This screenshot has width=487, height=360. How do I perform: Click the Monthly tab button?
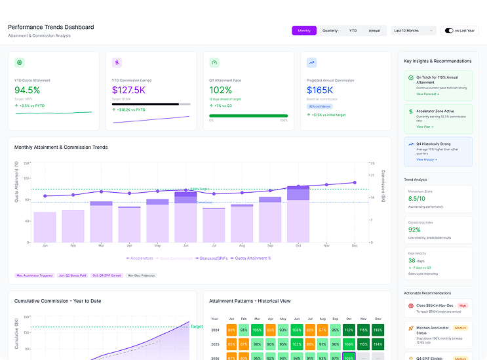(304, 31)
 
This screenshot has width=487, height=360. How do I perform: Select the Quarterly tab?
(330, 31)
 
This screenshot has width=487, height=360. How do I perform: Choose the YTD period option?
(353, 31)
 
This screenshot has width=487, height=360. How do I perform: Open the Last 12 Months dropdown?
(413, 31)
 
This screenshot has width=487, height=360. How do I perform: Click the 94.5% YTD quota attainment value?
(28, 90)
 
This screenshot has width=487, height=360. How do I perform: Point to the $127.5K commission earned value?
(128, 90)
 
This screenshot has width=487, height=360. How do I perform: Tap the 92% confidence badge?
(319, 106)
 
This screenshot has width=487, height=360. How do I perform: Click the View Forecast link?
(428, 94)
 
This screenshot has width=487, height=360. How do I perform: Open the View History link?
(426, 159)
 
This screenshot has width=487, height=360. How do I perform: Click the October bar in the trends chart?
(298, 214)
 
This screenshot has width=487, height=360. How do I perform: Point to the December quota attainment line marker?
(355, 183)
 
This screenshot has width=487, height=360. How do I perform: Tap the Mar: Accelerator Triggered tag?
(34, 275)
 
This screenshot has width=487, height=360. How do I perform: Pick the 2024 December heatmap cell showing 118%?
(378, 330)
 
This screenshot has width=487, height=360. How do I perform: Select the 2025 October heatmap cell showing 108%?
(348, 344)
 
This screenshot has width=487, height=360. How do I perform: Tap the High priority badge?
(463, 305)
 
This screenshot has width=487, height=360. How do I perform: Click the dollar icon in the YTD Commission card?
(117, 63)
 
